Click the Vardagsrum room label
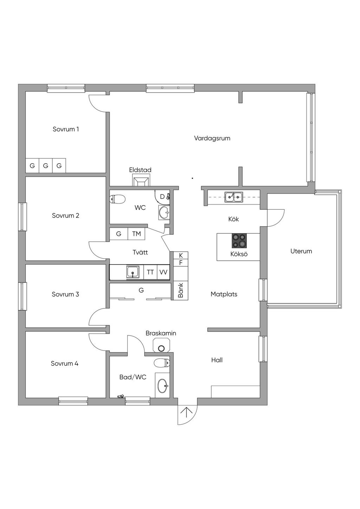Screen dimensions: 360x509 [212, 138]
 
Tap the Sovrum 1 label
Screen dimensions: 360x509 [66, 129]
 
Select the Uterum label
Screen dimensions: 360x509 [301, 251]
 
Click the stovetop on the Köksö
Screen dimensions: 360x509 [239, 241]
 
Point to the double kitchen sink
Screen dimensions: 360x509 [234, 197]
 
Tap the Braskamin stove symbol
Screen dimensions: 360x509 [161, 345]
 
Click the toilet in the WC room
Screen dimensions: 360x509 [117, 199]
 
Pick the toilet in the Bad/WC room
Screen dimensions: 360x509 [162, 363]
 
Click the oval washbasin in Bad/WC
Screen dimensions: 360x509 [163, 385]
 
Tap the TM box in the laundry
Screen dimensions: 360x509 [136, 234]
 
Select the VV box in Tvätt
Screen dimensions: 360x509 [163, 272]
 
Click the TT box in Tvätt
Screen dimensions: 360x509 [150, 272]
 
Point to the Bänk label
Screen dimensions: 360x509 [181, 290]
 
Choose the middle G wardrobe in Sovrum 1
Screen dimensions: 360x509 [46, 166]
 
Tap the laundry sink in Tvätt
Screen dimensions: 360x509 [133, 272]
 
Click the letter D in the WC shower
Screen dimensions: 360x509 [162, 197]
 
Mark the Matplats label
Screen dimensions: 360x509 [224, 294]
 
